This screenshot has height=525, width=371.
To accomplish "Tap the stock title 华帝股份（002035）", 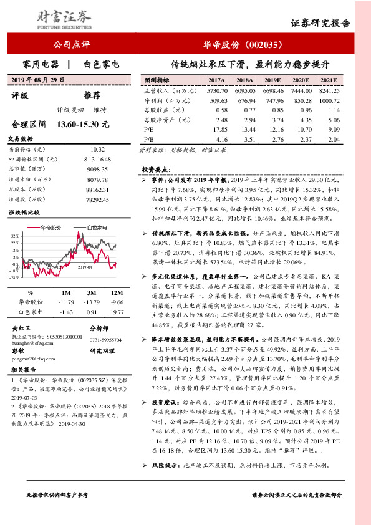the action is click(244, 45).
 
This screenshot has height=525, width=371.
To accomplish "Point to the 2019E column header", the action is click(272, 81).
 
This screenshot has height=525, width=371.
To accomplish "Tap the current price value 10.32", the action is click(98, 150).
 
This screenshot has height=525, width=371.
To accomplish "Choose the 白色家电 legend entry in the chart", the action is click(98, 229).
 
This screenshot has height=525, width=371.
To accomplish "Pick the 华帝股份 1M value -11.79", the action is click(65, 301).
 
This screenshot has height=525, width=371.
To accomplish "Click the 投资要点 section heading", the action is click(155, 170).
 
